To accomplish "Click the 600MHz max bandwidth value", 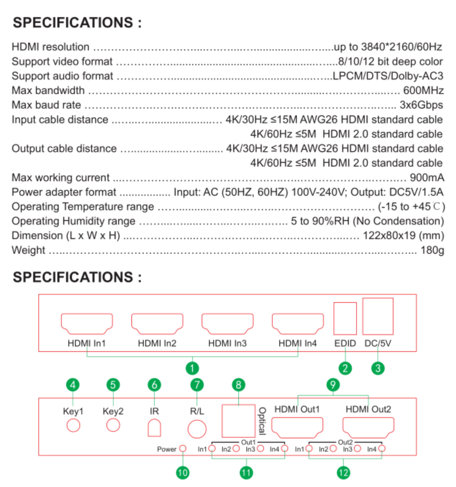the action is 423,90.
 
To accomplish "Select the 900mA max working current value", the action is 427,178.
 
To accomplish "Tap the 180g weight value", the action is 433,250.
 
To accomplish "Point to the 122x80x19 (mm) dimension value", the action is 404,235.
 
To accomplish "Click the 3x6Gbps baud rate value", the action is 421,105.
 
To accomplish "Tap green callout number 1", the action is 192,368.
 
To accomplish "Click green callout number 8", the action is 238,385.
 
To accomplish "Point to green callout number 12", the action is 343,473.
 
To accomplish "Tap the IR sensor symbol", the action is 154,428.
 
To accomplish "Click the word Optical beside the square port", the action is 262,421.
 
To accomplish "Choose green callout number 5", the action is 113,385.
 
